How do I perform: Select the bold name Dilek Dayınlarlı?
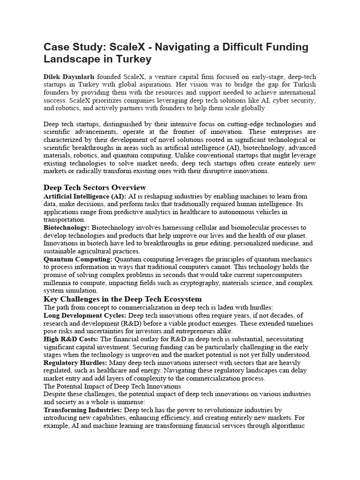pyautogui.click(x=69, y=76)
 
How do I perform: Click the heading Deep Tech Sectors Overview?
pyautogui.click(x=95, y=187)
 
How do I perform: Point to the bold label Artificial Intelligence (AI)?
pyautogui.click(x=85, y=196)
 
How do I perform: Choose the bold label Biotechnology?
pyautogui.click(x=67, y=227)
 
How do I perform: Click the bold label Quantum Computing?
pyautogui.click(x=78, y=259)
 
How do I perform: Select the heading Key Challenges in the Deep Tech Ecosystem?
pyautogui.click(x=122, y=299)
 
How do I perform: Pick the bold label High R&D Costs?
pyautogui.click(x=71, y=339)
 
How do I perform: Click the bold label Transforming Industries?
pyautogui.click(x=83, y=410)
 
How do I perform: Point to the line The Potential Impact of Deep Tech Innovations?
pyautogui.click(x=112, y=386)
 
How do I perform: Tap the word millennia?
pyautogui.click(x=58, y=283)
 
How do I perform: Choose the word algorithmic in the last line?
pyautogui.click(x=287, y=426)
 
